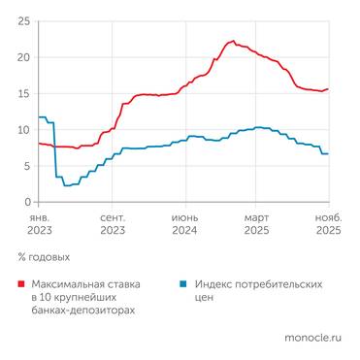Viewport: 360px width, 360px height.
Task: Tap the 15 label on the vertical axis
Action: (22, 93)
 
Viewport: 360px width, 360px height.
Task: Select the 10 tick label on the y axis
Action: (22, 129)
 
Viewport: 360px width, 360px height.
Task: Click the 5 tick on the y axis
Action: (25, 166)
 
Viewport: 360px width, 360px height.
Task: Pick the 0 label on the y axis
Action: (25, 202)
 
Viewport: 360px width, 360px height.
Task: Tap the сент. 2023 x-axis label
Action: (112, 225)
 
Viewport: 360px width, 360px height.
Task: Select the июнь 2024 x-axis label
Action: (184, 225)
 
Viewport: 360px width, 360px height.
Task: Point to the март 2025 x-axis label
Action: (256, 225)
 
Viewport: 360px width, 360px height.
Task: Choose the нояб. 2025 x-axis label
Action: (327, 225)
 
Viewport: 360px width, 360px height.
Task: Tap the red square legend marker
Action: (21, 284)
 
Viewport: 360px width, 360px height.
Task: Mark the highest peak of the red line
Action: (232, 41)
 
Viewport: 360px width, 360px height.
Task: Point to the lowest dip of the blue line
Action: (66, 185)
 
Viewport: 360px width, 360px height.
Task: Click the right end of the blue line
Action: (328, 153)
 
